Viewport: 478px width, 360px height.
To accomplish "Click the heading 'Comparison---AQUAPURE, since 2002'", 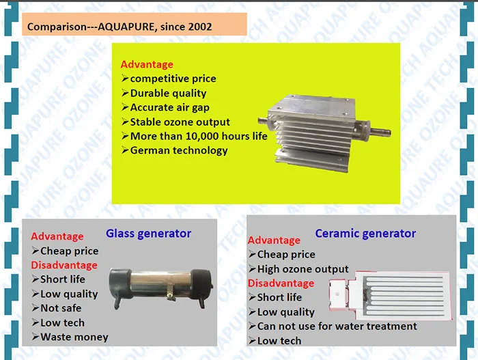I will tap(119, 27).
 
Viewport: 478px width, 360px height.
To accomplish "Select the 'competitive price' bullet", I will tap(173, 79).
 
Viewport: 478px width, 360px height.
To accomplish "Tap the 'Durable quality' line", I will tap(168, 93).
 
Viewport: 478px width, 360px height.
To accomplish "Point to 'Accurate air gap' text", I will tap(169, 107).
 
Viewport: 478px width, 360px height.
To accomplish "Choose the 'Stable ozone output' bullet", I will tap(180, 122).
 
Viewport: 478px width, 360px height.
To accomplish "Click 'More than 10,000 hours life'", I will tap(198, 136).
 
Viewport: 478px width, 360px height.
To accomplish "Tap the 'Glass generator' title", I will tap(148, 234).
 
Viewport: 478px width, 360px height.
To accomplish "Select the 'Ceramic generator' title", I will tap(365, 234).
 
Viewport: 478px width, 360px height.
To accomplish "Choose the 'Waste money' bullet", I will tap(74, 337).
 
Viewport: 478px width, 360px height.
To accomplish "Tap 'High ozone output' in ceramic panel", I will tap(303, 269).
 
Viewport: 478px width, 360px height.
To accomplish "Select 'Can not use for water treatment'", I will tap(337, 326).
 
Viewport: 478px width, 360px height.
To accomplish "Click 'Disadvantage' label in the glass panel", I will tap(64, 265).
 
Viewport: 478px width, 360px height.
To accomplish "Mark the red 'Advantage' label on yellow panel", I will tap(147, 64).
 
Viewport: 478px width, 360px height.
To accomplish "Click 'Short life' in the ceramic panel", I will tap(279, 297).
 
